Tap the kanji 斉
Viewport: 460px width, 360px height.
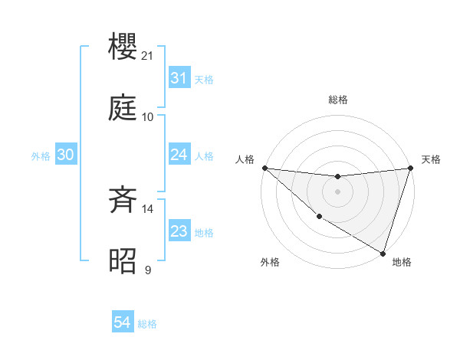pos(124,201)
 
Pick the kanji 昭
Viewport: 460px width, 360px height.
pos(124,261)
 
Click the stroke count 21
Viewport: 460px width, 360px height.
pos(149,57)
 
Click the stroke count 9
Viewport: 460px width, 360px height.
pos(148,270)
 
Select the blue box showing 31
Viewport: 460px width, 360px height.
pos(179,78)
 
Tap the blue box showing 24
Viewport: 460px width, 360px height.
pos(179,155)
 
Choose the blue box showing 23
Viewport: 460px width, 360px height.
pos(179,231)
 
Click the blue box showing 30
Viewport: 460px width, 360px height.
pos(66,155)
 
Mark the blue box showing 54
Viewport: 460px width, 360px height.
pos(122,323)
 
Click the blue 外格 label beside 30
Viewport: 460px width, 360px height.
pos(41,155)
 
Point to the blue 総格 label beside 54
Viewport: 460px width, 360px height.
pos(147,324)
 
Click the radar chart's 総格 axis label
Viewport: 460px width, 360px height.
pos(337,100)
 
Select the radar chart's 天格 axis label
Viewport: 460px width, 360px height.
pos(431,159)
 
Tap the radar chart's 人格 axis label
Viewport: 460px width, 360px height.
pos(245,159)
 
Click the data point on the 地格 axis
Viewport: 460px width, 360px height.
pos(383,253)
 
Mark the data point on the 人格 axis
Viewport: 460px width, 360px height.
pos(264,168)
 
